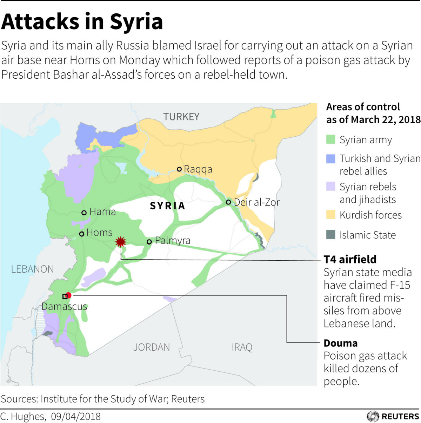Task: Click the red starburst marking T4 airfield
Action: tap(121, 242)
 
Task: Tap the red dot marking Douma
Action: tap(68, 295)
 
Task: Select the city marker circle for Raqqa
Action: tap(179, 169)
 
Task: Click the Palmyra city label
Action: tap(173, 241)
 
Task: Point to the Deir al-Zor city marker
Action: tap(228, 202)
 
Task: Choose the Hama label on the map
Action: tap(102, 211)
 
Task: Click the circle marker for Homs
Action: tap(81, 234)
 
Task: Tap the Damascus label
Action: tap(64, 306)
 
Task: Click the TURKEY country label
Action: tap(181, 117)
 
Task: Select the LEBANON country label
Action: tap(32, 269)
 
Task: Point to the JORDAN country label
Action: tap(152, 347)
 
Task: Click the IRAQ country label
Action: tap(242, 347)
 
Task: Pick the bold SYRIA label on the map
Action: tap(167, 206)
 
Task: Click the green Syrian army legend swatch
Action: tap(330, 140)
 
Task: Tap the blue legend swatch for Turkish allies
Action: tap(330, 158)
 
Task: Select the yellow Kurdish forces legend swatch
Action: tap(330, 215)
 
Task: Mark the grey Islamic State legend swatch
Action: tap(330, 235)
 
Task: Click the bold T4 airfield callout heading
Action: tap(350, 259)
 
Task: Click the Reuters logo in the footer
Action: tap(393, 416)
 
